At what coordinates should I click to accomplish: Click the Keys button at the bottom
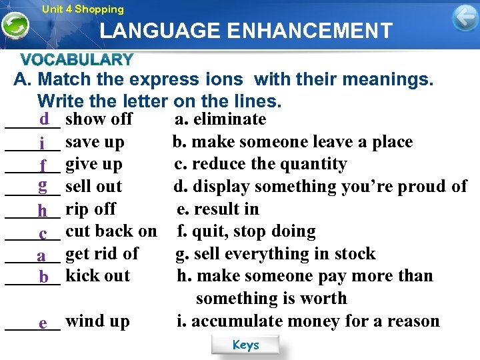pos(245,345)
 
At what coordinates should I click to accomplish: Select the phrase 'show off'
pos(99,119)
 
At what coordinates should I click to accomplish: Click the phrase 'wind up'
pos(97,321)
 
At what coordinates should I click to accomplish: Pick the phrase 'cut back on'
pos(111,232)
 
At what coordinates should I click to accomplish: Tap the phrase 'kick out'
pos(98,276)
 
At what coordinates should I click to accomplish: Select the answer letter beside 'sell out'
pos(42,185)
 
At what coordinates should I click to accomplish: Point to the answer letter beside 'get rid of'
pos(41,255)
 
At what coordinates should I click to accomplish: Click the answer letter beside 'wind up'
pos(43,323)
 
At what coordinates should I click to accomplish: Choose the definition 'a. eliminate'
pos(220,119)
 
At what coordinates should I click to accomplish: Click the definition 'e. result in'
pos(218,209)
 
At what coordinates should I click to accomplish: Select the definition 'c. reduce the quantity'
pos(261,164)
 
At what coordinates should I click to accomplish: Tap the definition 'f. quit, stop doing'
pos(246,232)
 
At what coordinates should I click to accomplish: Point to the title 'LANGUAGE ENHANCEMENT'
pos(246,31)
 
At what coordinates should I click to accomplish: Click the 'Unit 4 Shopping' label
pos(83,9)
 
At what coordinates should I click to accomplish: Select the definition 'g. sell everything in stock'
pos(275,254)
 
